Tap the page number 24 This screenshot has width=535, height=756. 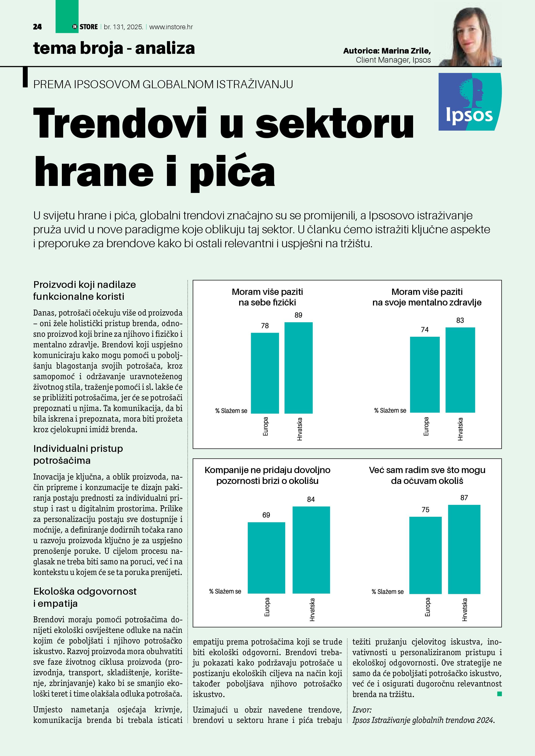pos(37,27)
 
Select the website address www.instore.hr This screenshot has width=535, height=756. pos(171,27)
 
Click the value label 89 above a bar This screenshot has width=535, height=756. pos(298,315)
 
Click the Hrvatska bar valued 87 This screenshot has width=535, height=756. pos(464,549)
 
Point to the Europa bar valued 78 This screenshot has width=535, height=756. pos(265,373)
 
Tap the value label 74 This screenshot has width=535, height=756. pos(425,330)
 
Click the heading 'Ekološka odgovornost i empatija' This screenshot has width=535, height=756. pos(85,597)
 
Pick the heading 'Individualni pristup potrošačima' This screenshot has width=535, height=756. pos(78,454)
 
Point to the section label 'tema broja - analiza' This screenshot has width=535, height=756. pos(114,48)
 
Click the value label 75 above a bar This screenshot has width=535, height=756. pos(425,510)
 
